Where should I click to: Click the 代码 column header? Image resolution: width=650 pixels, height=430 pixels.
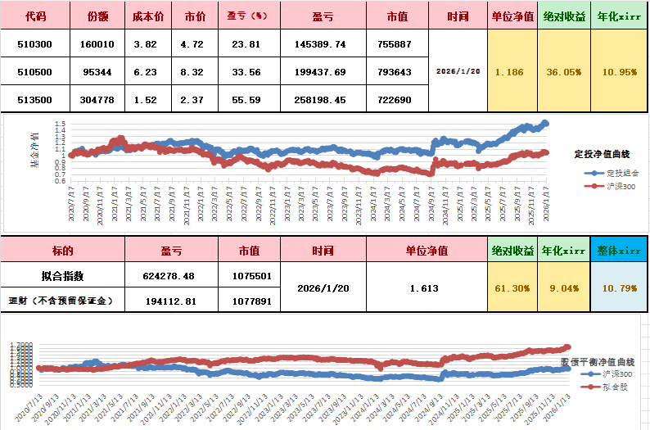coord(35,16)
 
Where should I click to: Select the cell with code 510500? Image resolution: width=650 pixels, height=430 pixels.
coord(35,72)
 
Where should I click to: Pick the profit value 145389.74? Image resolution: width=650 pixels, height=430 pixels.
coord(318,44)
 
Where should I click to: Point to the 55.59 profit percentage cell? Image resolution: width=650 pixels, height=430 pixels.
coord(246,100)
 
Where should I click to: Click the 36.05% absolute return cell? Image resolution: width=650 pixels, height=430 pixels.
coord(563,72)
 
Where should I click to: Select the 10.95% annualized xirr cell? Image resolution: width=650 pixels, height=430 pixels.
coord(619,72)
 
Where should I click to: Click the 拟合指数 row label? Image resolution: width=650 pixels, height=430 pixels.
coord(62,276)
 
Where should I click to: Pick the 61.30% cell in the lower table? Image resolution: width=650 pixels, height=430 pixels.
coord(512,288)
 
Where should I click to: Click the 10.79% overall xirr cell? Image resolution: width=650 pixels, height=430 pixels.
coord(619,288)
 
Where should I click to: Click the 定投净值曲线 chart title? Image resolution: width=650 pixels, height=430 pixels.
coord(601,153)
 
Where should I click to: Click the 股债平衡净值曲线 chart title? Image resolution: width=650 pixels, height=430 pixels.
coord(597,361)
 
